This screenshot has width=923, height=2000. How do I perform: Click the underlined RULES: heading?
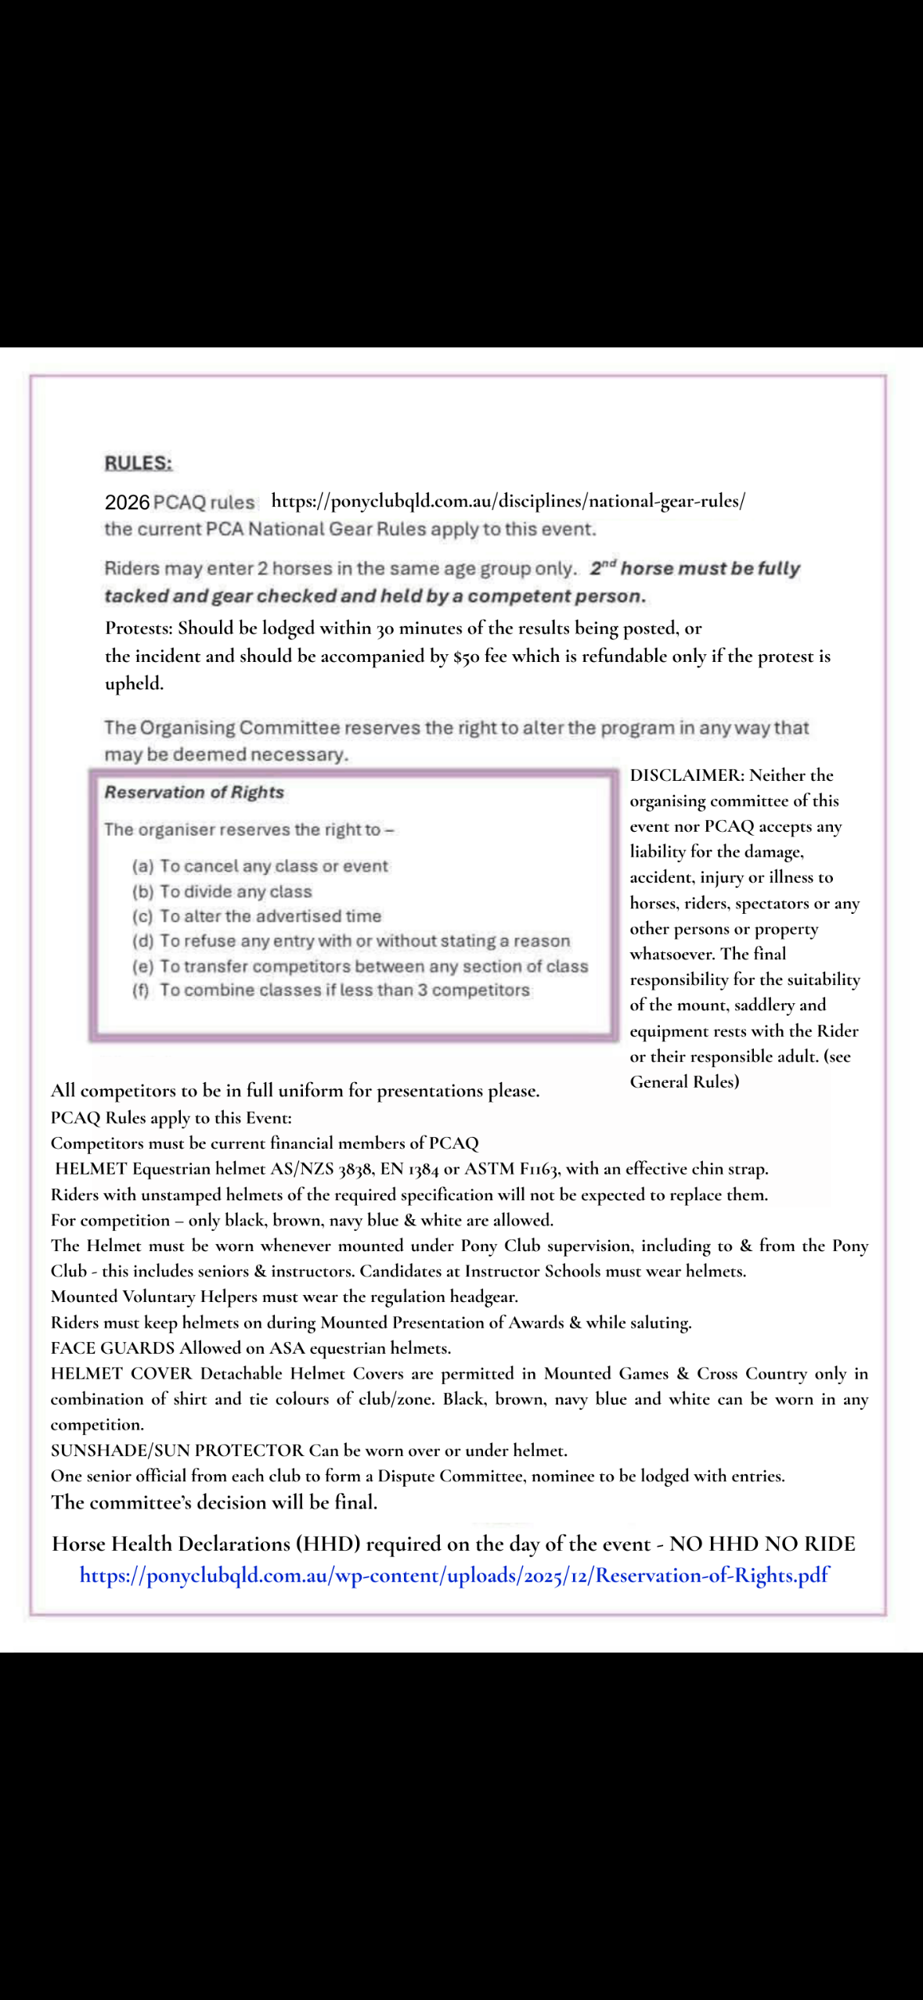point(139,463)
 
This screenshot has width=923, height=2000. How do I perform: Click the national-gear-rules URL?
point(508,501)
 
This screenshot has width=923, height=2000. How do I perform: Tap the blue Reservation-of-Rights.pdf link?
point(454,1574)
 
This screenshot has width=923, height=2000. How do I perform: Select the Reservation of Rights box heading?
point(194,792)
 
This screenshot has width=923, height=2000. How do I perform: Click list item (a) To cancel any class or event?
point(260,866)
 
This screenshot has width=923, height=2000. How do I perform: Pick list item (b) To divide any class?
point(222,891)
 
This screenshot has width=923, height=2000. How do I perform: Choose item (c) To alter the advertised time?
point(257,916)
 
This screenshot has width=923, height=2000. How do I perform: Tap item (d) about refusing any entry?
point(351,941)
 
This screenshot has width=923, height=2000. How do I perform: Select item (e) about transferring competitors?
point(360,966)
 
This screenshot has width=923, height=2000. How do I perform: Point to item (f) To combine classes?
point(331,991)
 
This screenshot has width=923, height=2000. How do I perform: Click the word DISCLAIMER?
point(687,775)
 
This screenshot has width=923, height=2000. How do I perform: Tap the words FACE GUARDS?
point(113,1348)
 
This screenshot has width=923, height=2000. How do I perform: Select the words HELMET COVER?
point(121,1373)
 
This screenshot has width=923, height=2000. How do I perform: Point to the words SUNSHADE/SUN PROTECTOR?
point(177,1450)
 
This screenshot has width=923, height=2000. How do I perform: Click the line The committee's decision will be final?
point(214,1502)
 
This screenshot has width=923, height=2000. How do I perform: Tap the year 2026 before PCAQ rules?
point(127,502)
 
